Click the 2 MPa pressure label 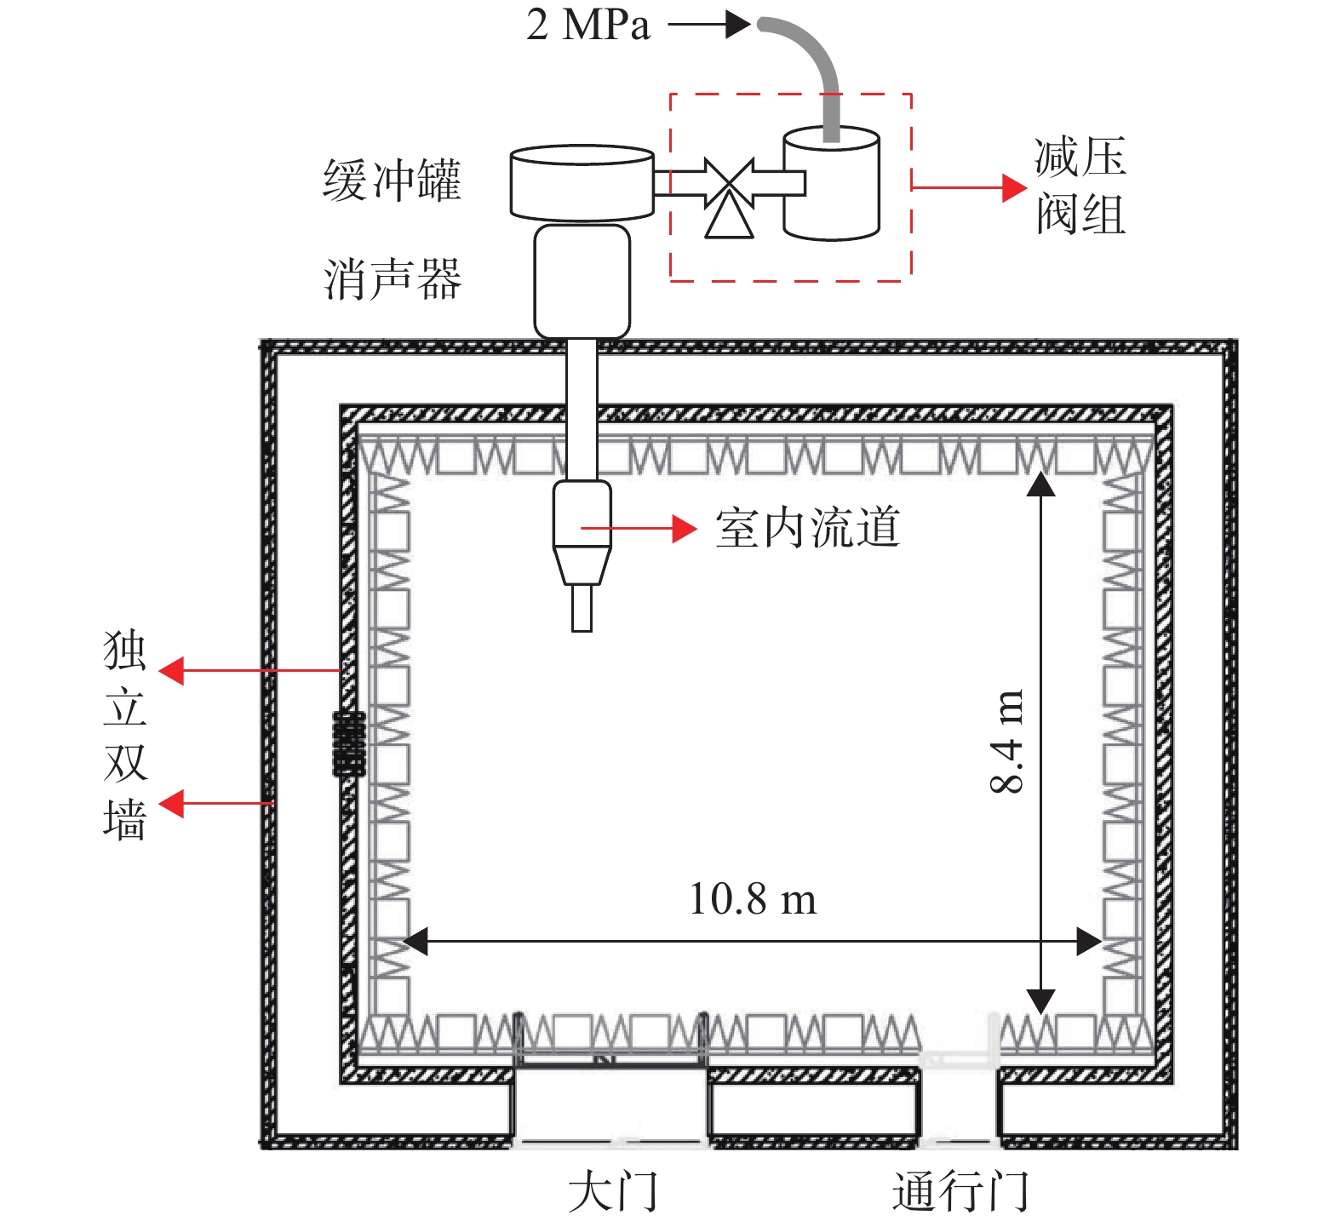[x=588, y=24]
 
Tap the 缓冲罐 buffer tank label [x=393, y=180]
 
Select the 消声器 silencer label [x=393, y=279]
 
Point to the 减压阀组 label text [x=1080, y=186]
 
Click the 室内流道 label [x=807, y=528]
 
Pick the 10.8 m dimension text [x=753, y=898]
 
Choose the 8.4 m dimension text [x=1006, y=741]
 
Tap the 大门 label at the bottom [x=613, y=1190]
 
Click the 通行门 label [x=960, y=1190]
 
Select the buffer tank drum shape [x=582, y=182]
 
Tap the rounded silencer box [x=582, y=281]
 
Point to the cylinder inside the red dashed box [x=831, y=183]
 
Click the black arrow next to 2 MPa [x=709, y=24]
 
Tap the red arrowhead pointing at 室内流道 [x=685, y=529]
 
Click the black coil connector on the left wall [x=348, y=743]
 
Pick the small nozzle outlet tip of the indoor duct [x=582, y=608]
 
